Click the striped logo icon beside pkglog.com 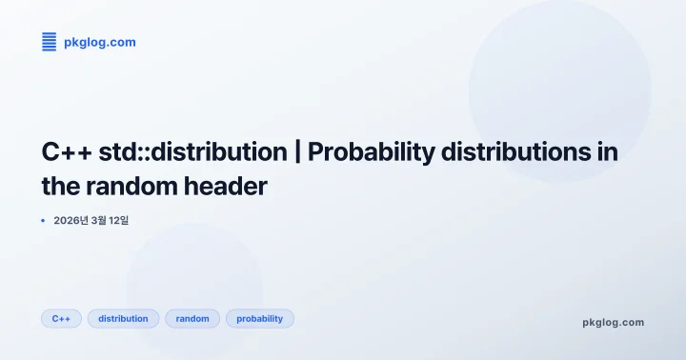click(x=50, y=42)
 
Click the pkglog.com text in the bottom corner click(x=613, y=322)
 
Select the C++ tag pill click(x=62, y=318)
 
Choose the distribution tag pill click(x=123, y=318)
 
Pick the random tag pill click(x=192, y=318)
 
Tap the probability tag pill click(x=259, y=318)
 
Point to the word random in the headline click(x=128, y=186)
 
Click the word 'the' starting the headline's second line click(x=59, y=186)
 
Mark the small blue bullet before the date click(x=44, y=220)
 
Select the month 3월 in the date click(x=98, y=220)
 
